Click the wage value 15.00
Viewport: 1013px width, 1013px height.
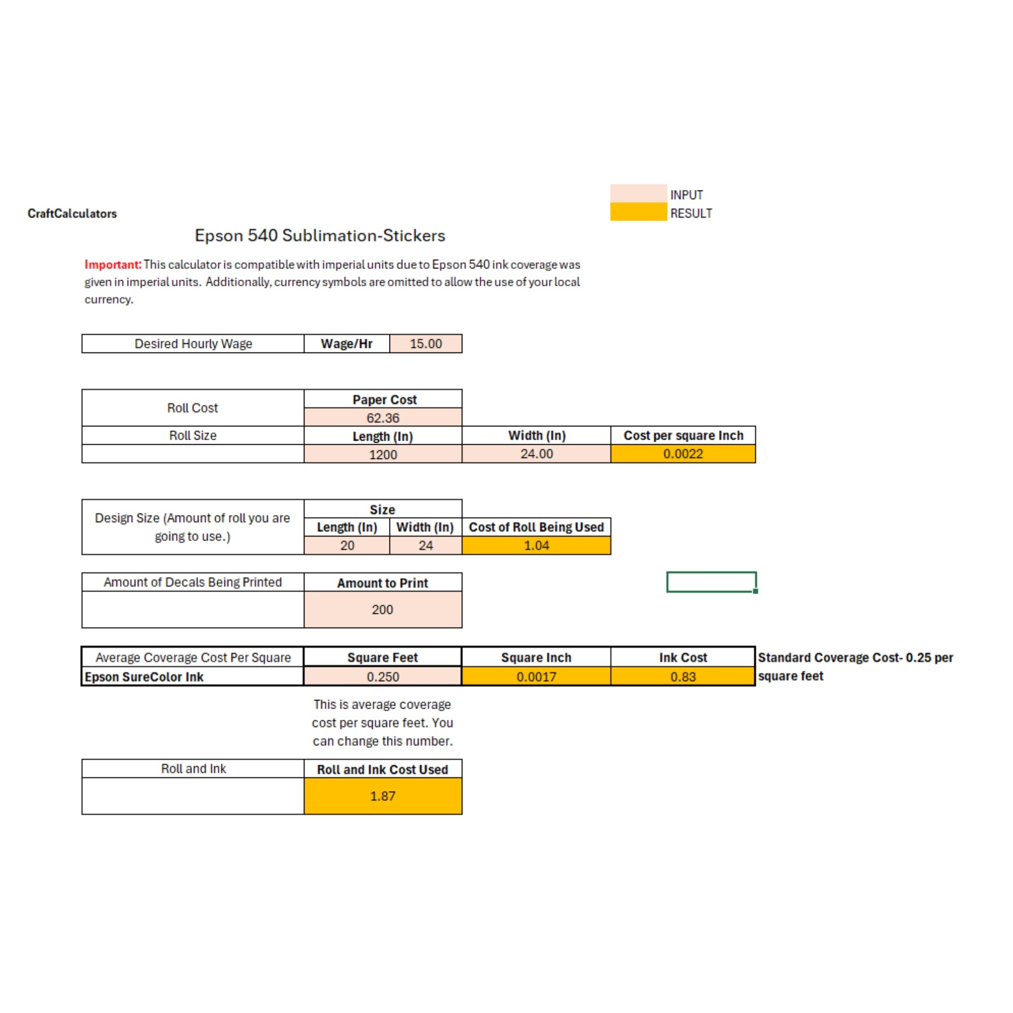425,343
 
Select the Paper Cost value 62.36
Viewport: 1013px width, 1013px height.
383,418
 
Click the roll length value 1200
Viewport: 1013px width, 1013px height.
383,454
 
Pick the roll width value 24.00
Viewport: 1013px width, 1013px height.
536,453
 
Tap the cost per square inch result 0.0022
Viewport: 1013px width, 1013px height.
683,453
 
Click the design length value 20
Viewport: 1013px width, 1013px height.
347,546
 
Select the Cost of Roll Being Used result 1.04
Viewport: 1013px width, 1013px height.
536,546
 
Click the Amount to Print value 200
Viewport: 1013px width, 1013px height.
383,609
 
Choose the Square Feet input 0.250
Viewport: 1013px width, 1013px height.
383,676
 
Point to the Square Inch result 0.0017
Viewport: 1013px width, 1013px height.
536,676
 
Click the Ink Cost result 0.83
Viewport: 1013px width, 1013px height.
683,676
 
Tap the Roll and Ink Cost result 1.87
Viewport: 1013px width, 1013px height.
383,796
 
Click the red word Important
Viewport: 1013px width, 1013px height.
113,264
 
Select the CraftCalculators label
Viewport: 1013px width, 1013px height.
72,213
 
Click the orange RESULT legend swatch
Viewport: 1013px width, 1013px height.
638,212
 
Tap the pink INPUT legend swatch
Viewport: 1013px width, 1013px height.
638,193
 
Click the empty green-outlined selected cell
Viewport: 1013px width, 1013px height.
711,582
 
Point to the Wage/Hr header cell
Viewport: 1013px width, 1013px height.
346,343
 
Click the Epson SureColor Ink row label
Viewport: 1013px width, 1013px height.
144,676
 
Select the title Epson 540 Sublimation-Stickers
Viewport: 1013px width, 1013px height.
320,236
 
